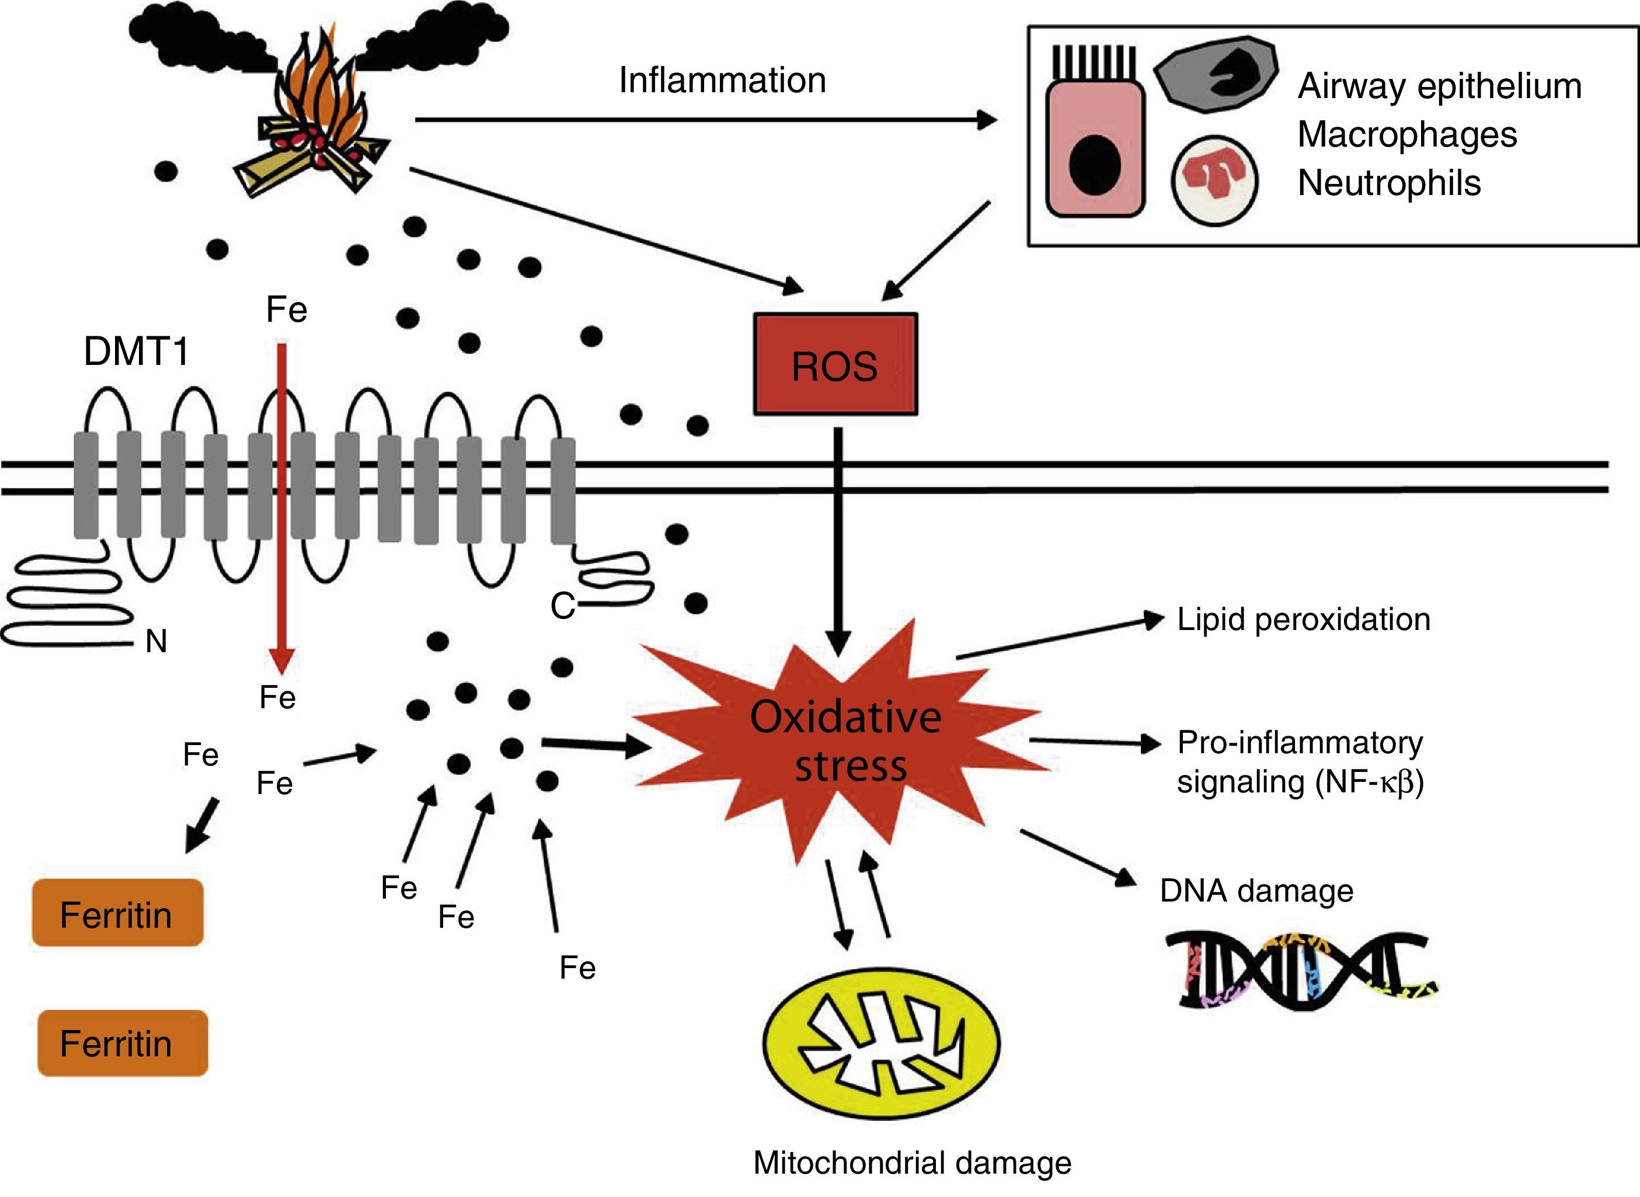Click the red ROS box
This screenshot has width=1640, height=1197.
pos(835,364)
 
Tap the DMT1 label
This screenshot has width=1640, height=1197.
pos(136,352)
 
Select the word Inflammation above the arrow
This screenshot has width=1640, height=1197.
pos(722,80)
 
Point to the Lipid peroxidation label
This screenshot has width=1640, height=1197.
pos(1303,620)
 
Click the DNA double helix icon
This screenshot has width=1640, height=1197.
pos(1301,971)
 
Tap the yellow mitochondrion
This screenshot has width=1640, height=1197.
pos(882,1043)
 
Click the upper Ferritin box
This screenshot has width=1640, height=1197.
pos(117,914)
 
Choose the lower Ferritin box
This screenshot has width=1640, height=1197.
pos(121,1043)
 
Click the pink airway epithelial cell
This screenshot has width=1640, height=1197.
pos(1095,148)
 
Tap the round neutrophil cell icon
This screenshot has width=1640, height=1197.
pos(1214,179)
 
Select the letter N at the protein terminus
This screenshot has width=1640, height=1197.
pos(156,641)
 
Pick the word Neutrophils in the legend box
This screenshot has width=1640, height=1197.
pos(1388,183)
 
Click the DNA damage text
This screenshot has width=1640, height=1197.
pos(1256,890)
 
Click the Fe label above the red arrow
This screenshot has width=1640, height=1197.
pos(286,310)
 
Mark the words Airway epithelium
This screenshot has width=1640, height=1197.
pos(1439,86)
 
